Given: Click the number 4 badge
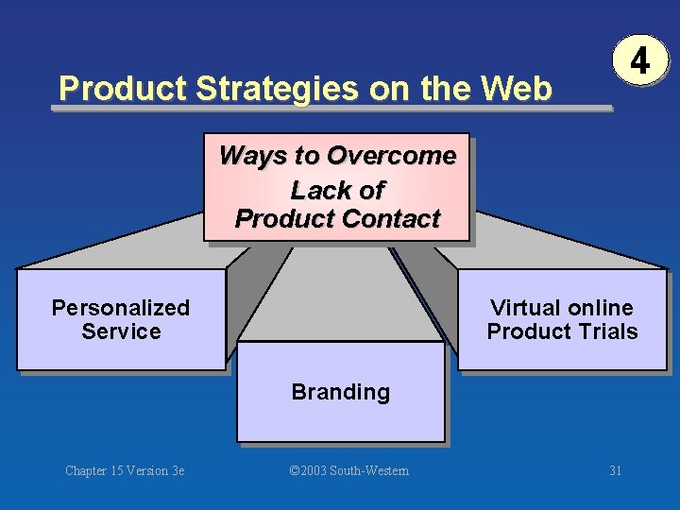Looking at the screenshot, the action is pos(640,62).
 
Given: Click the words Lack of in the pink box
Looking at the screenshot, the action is pos(337,190).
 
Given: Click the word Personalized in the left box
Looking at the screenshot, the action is pos(121,308).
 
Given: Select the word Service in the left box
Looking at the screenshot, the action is pos(121,331).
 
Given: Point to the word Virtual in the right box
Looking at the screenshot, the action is pos(525,308).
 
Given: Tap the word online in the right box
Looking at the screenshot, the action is pos(600,308).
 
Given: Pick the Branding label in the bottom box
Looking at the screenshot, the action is pos(340,392).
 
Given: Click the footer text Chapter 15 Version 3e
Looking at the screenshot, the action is pos(125,470).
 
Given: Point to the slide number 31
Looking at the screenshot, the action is pos(615,470).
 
